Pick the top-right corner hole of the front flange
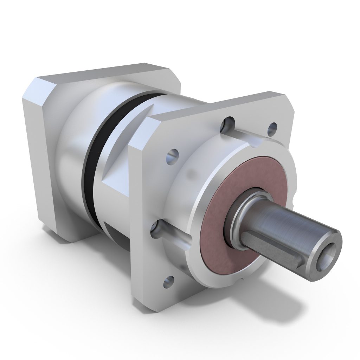coord(271,129)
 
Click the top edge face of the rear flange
coord(105,70)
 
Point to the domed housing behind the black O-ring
coord(70,148)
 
